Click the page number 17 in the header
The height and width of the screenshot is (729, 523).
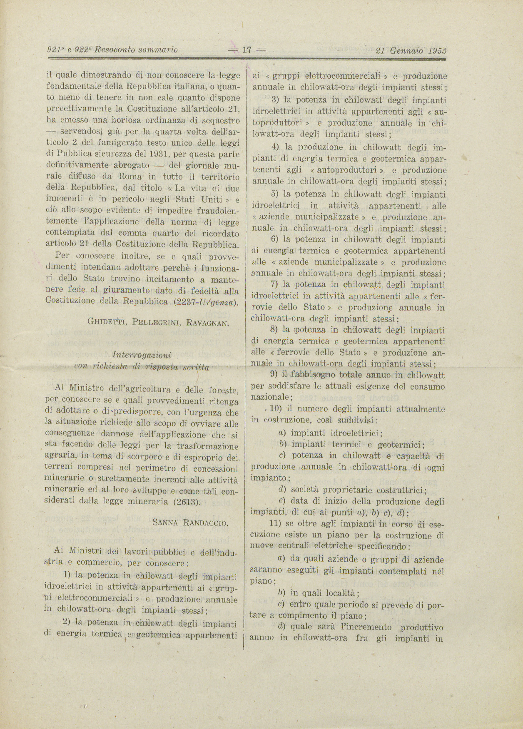247,50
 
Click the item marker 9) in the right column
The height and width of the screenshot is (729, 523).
274,375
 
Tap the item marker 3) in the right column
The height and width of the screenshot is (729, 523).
275,100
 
